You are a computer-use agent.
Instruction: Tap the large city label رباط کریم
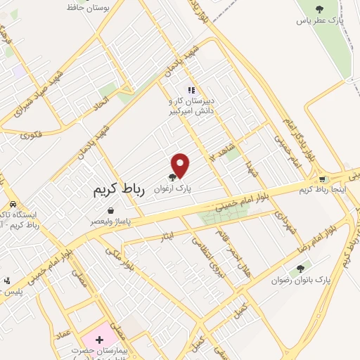pyautogui.click(x=117, y=191)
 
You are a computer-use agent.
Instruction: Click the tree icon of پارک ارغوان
pyautogui.click(x=173, y=178)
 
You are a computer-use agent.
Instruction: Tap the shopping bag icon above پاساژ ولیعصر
pyautogui.click(x=110, y=210)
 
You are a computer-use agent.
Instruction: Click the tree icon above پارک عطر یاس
pyautogui.click(x=320, y=9)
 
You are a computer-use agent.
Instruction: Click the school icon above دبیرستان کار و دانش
pyautogui.click(x=191, y=89)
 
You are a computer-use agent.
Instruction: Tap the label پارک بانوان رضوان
pyautogui.click(x=300, y=280)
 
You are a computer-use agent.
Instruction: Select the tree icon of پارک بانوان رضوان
pyautogui.click(x=301, y=268)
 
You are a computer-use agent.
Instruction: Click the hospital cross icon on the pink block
pyautogui.click(x=99, y=339)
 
